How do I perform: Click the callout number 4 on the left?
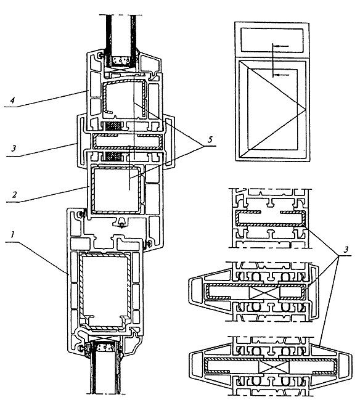point(12,100)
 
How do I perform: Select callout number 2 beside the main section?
point(14,194)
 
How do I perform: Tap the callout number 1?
point(12,234)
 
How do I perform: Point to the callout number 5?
point(210,139)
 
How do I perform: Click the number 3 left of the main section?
point(14,149)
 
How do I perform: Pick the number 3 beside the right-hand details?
point(346,249)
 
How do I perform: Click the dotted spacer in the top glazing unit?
point(120,61)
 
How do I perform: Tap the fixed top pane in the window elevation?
point(272,40)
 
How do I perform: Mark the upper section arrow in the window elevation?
point(280,46)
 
